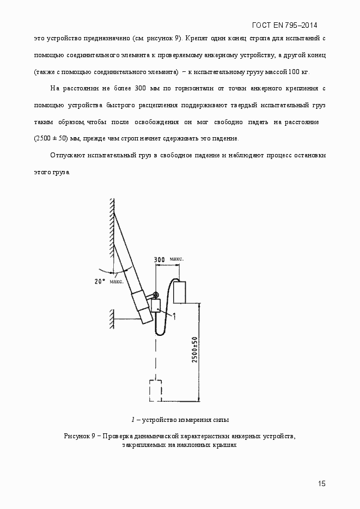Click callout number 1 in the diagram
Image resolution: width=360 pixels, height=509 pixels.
[x=174, y=316]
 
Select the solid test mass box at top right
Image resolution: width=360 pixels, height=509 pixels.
[x=180, y=292]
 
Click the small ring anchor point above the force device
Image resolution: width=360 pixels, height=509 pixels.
[x=155, y=296]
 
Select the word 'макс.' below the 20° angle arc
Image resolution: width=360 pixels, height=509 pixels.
[x=116, y=281]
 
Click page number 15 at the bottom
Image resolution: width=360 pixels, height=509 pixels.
[x=322, y=483]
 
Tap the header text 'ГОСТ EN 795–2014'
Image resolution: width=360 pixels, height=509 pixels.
[x=285, y=26]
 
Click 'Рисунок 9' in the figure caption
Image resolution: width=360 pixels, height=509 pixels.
[x=80, y=437]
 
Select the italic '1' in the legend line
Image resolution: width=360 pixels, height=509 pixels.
[x=132, y=419]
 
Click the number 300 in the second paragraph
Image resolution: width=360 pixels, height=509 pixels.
[x=141, y=88]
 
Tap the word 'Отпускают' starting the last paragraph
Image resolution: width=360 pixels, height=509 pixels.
[x=67, y=155]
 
